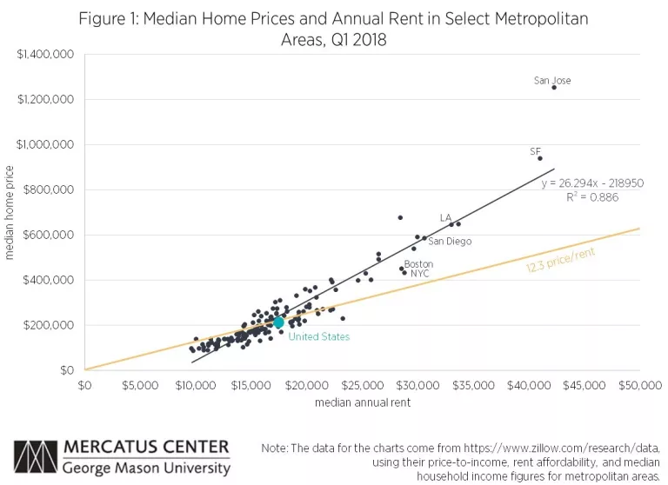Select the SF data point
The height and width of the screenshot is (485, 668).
pos(540,158)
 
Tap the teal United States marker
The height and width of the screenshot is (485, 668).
pos(278,322)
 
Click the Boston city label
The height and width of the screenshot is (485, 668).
pos(418,263)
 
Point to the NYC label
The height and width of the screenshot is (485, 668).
pos(420,273)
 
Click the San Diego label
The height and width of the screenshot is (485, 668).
pos(450,242)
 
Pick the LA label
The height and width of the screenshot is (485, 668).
pos(445,217)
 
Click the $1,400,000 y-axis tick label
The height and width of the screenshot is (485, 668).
pos(45,54)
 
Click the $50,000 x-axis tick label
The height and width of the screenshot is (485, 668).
pos(639,385)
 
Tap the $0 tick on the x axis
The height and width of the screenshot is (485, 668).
pos(85,385)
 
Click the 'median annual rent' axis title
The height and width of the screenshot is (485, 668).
pos(363,402)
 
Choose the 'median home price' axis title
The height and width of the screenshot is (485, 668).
pos(10,213)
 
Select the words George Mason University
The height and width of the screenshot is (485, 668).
pos(146,468)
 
